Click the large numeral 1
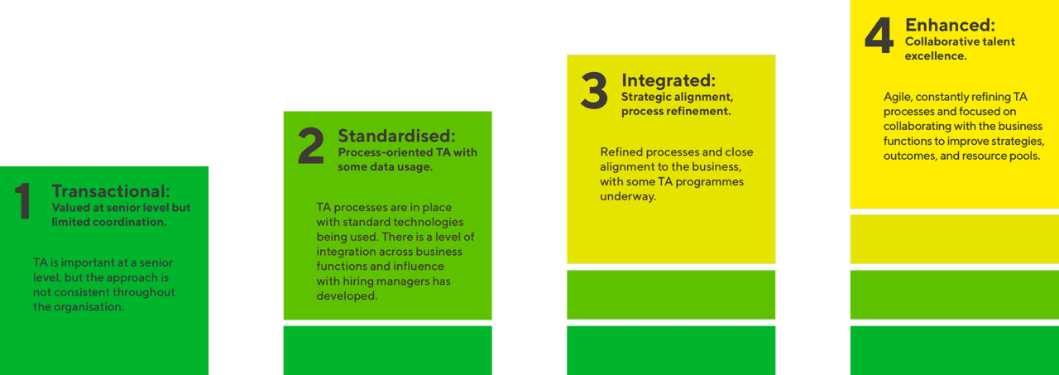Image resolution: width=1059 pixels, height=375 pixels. pos(22,201)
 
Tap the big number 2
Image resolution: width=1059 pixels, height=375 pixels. pos(311,146)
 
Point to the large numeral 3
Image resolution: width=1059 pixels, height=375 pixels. pos(594,90)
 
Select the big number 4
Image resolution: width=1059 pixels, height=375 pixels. pos(879,35)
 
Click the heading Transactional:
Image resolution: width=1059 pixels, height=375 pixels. pos(111,191)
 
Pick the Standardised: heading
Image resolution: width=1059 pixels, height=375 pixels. pos(396,136)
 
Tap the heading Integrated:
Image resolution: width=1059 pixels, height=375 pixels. pos(668,80)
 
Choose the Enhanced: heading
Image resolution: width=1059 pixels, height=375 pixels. pos(951,25)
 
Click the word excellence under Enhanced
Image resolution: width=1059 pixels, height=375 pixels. pos(936,55)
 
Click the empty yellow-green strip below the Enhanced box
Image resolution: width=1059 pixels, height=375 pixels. pos(955,238)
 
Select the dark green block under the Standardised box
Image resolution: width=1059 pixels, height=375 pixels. pos(388,350)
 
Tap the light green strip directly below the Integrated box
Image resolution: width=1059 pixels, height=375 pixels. pos(671,295)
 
